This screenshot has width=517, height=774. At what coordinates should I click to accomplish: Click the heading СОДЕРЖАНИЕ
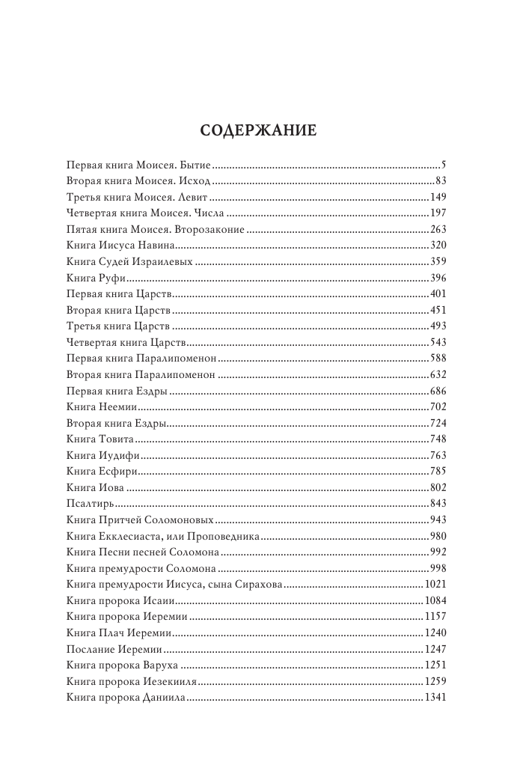pos(258,130)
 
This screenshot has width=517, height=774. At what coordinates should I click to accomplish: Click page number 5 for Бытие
pos(444,163)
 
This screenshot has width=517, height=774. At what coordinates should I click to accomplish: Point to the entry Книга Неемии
pos(100,406)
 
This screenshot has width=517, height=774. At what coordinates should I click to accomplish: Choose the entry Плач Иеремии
pos(129,633)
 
